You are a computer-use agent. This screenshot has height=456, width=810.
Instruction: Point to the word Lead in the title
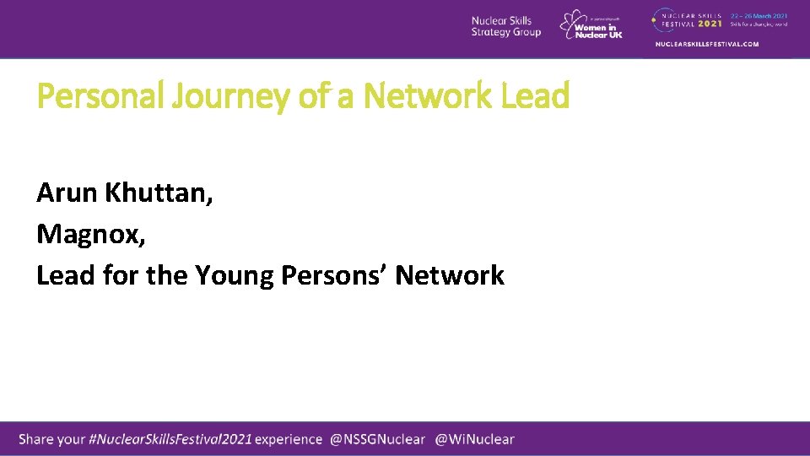pos(535,96)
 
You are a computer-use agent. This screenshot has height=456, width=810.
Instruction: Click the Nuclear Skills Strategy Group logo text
pos(505,27)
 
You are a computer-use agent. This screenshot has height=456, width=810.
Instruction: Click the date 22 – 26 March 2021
pos(759,14)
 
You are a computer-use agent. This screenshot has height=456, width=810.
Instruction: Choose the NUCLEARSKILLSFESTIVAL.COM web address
pos(707,44)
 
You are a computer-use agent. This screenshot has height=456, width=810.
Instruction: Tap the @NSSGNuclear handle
pos(377,439)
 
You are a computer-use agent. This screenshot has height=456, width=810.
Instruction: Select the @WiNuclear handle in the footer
pos(474,439)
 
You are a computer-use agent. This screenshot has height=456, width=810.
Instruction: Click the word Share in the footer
pos(36,439)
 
